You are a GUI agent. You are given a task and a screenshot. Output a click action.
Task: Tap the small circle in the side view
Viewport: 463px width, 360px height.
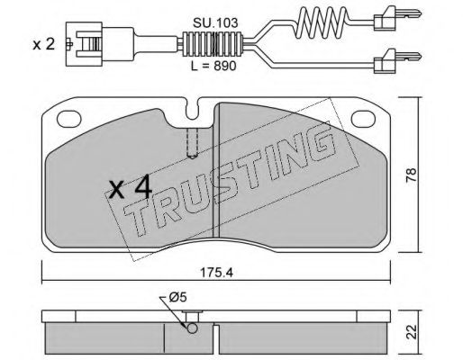tap(189, 326)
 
